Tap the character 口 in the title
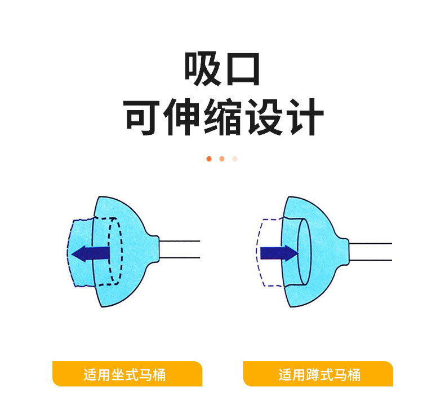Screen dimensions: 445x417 pos(243,69)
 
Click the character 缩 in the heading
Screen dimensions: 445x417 pos(223,117)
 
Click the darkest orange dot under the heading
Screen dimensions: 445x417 pos(209,159)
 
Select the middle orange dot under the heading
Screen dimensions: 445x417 pos(222,159)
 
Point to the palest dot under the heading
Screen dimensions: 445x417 pos(235,159)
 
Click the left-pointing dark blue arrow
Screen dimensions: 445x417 pos(90,253)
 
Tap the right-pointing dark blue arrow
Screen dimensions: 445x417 pos(278,252)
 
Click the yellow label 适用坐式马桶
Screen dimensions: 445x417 pos(127,374)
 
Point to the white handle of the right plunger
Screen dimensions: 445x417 pos(370,251)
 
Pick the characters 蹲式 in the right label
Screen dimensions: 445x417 pos(318,375)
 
